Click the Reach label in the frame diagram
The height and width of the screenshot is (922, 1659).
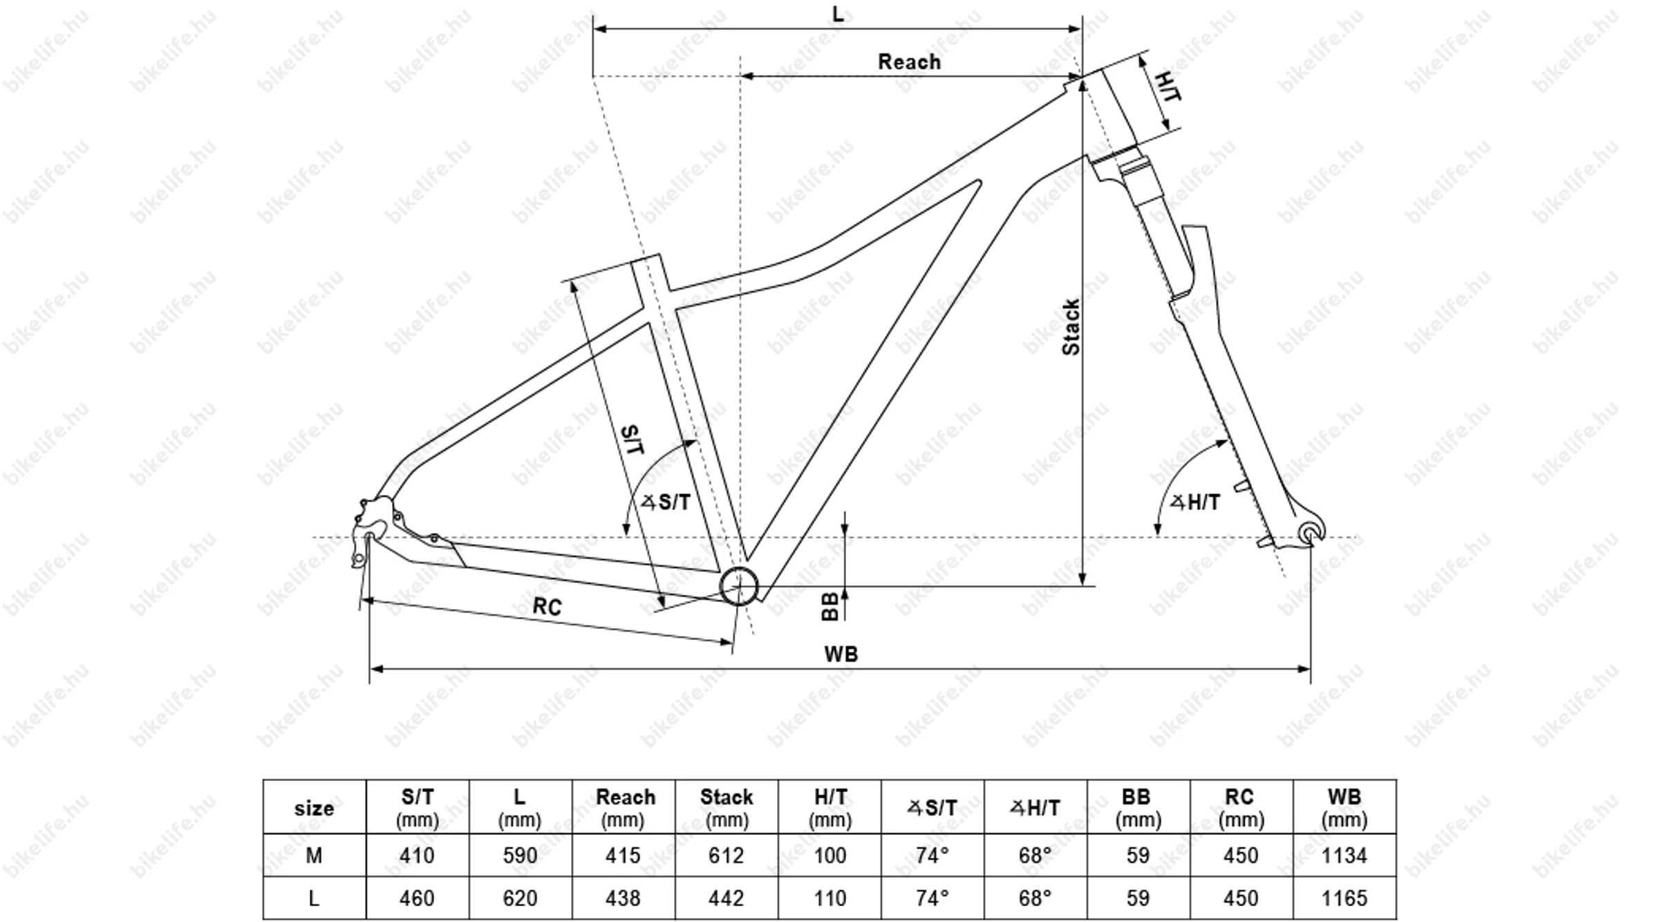(909, 62)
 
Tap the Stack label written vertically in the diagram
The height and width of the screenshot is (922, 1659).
(1071, 328)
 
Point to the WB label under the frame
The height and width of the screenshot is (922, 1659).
(841, 654)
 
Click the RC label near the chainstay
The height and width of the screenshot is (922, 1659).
(547, 606)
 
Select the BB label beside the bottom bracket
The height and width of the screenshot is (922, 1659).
(829, 606)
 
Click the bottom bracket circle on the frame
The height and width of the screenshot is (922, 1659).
(739, 586)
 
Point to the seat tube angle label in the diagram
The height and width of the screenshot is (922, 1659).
(665, 502)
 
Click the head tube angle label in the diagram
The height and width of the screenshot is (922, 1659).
(1194, 502)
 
